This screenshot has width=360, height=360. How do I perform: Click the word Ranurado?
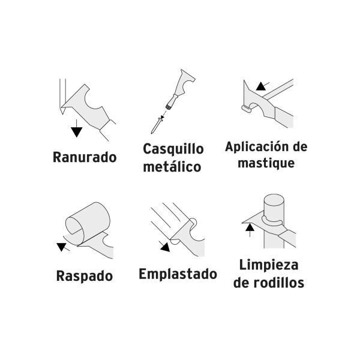pos(84,159)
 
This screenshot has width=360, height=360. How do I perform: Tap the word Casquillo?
pos(173,149)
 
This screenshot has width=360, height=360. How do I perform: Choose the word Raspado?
pos(85,277)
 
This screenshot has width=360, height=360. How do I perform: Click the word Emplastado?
pos(178,274)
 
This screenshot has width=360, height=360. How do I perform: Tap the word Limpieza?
pos(268,265)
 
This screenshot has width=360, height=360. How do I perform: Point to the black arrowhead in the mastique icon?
pos(259,86)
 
